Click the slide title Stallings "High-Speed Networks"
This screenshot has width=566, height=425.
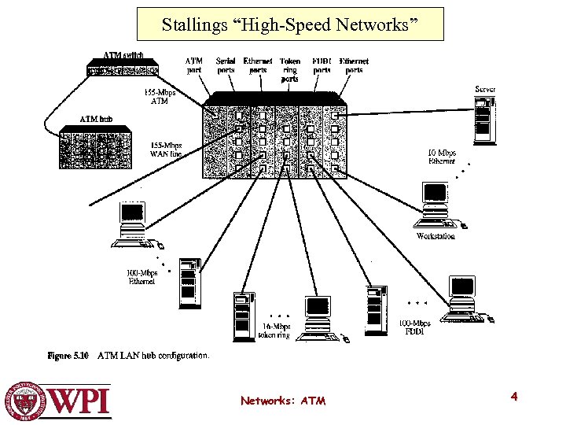[x=290, y=24]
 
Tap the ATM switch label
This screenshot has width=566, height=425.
[x=123, y=56]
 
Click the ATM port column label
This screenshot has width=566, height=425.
[x=193, y=65]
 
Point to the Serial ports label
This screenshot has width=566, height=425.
[x=226, y=65]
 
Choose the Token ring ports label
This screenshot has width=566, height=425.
[x=289, y=69]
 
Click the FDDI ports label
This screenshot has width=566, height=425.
[x=322, y=65]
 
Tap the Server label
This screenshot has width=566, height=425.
[x=485, y=90]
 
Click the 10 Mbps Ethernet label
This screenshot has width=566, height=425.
[x=441, y=157]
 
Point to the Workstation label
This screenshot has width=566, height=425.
[x=435, y=236]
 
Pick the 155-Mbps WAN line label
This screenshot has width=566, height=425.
[x=166, y=150]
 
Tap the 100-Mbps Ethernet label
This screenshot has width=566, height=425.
[x=141, y=277]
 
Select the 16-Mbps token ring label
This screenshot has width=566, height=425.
[x=274, y=331]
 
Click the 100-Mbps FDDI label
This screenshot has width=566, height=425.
[x=414, y=327]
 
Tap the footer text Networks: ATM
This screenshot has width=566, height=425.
[x=283, y=401]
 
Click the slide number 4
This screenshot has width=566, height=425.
[x=513, y=397]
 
